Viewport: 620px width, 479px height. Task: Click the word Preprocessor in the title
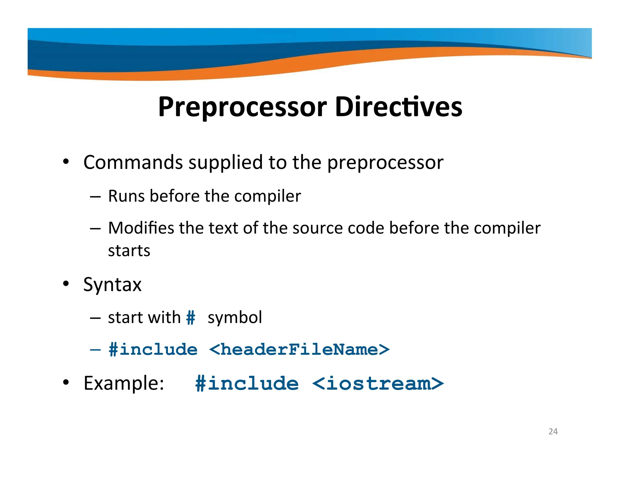242,107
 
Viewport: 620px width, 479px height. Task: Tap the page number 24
553,431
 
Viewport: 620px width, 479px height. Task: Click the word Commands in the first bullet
133,162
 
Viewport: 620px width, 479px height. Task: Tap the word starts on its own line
129,251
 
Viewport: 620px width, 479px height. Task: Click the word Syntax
112,285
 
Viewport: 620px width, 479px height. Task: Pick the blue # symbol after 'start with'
191,318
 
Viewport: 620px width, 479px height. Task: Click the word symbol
235,318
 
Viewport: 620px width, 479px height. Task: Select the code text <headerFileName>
299,350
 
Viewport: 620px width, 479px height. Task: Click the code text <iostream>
378,383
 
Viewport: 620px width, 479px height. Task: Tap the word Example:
124,383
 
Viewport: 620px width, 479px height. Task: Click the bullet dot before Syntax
66,284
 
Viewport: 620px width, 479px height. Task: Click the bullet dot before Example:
66,382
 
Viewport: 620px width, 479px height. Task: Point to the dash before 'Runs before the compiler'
95,197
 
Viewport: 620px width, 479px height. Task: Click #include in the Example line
247,383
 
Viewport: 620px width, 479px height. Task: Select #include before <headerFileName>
153,350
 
